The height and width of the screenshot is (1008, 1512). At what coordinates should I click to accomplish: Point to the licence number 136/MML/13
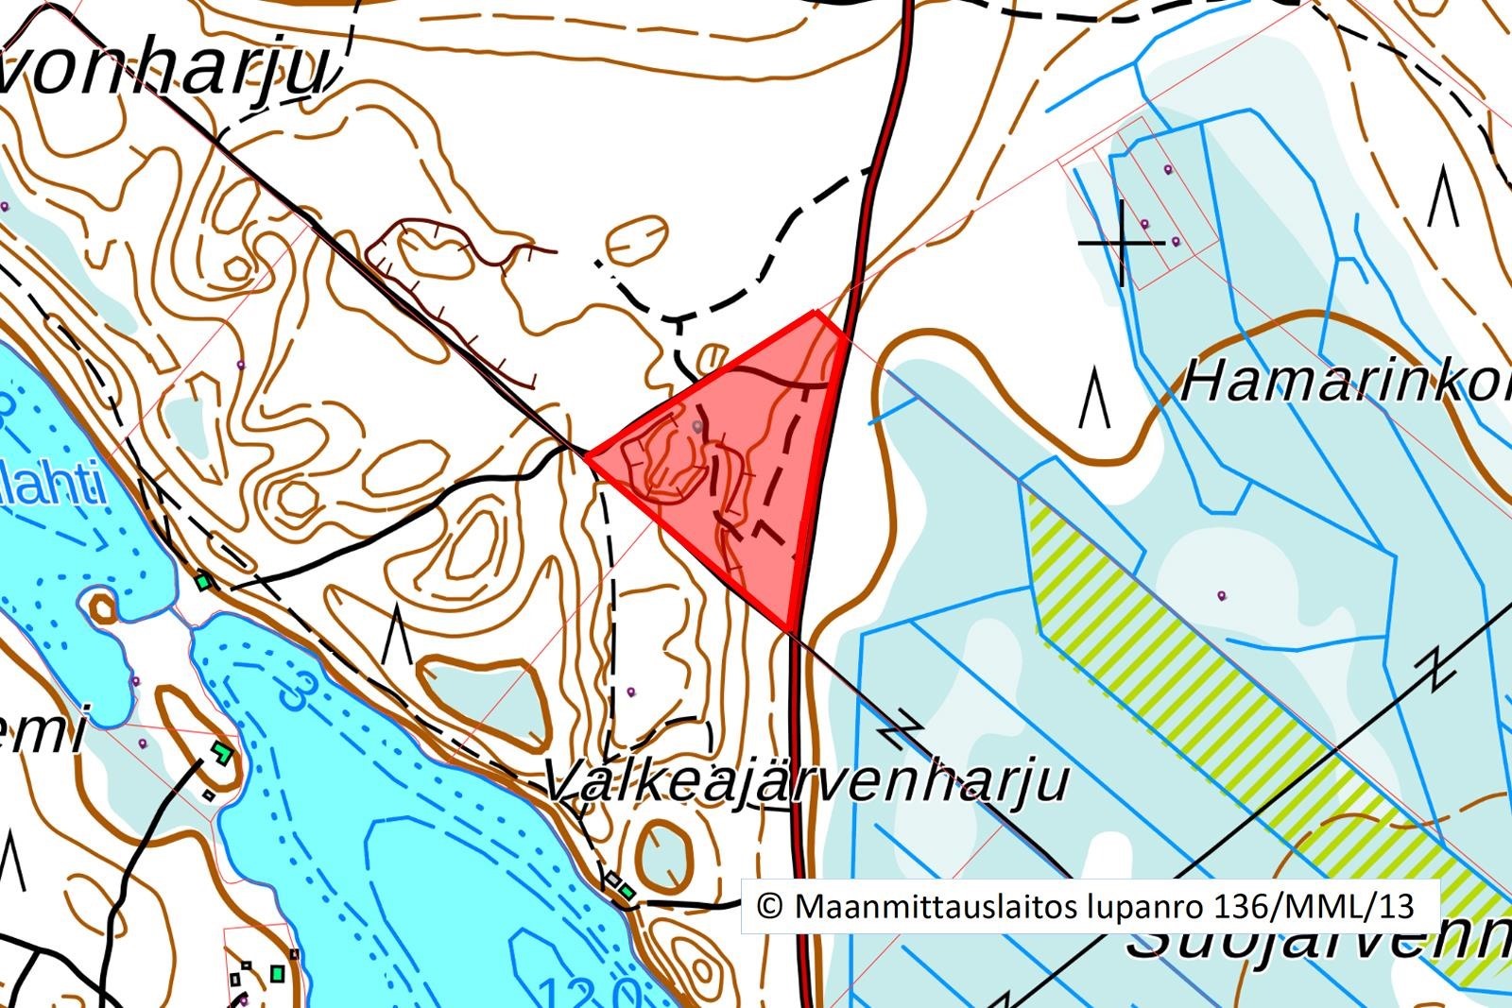[1314, 907]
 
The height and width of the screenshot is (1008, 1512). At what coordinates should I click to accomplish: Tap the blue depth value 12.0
[590, 992]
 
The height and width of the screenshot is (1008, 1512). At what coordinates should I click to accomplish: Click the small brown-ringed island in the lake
[103, 607]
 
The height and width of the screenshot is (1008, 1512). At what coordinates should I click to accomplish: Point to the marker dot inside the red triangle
[698, 427]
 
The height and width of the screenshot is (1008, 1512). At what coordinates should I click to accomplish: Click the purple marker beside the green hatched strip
[1222, 595]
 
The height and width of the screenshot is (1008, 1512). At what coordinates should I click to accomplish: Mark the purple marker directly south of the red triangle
[631, 692]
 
